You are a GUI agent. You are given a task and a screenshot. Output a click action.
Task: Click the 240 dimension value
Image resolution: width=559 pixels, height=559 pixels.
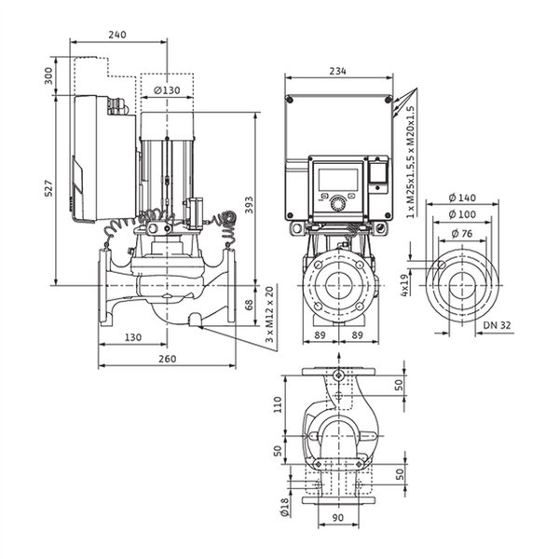pos(117,34)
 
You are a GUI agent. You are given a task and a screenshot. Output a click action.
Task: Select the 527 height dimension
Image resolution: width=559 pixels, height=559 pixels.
pos(48,188)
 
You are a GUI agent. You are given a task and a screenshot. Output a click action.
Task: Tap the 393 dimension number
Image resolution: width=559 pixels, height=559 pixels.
pos(249,205)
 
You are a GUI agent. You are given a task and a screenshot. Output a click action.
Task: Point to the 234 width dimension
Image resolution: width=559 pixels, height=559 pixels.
pos(337,71)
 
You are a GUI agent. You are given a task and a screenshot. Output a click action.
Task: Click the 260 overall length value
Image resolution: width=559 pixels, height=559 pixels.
pos(167,359)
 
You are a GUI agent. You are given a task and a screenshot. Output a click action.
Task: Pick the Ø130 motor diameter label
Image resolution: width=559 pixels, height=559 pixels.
pos(167,90)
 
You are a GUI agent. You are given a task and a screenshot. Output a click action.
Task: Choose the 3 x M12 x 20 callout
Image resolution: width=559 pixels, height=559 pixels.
pos(270,314)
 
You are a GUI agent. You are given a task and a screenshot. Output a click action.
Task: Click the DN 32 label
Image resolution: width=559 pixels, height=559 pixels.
pos(497,325)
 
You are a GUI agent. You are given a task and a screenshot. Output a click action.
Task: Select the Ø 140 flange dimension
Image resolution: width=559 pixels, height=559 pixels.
pos(462,198)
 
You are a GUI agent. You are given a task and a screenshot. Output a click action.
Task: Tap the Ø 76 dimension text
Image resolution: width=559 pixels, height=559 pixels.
pos(462,234)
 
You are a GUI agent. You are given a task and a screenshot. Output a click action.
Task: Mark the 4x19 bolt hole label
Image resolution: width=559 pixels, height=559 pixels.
pos(404,285)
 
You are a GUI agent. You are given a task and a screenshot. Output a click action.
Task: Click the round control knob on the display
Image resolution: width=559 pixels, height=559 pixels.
pos(337,203)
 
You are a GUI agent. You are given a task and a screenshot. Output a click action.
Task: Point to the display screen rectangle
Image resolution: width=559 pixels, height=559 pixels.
pos(337,179)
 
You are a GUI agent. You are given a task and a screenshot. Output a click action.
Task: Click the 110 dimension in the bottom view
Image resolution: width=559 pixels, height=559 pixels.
pos(278,404)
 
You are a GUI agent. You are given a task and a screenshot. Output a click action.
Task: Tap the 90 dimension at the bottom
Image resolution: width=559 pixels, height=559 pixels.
pos(337,517)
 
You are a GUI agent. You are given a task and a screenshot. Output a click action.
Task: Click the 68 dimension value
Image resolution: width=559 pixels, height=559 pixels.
pos(249,305)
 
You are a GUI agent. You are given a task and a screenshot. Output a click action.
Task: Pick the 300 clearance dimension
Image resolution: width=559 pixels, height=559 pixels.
pos(48,75)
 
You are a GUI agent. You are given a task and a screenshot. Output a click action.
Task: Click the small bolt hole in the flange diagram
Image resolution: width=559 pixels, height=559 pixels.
pos(442,265)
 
